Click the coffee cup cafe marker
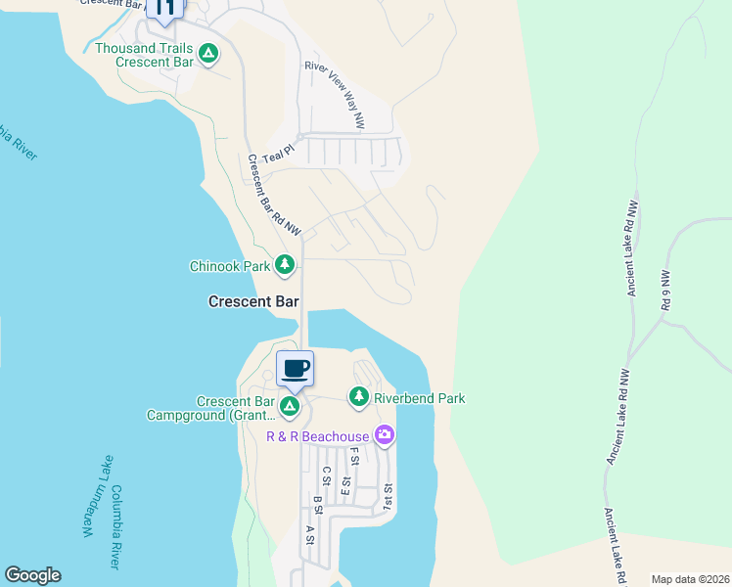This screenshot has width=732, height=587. coord(295,369)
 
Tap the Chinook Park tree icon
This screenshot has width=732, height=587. coord(285,264)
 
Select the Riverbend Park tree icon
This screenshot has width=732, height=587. coord(359,397)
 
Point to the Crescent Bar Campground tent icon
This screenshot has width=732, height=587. coord(290,405)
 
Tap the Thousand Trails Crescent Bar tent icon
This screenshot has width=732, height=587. coord(208,54)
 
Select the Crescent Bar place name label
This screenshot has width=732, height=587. coord(253,302)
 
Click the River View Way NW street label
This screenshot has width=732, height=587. coord(335,95)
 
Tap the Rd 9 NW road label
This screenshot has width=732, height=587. coord(666,291)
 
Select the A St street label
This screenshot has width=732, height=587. coord(309,534)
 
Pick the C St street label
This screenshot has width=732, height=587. coord(326,475)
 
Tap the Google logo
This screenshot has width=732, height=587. coord(32,575)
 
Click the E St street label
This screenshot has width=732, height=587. coord(345,487)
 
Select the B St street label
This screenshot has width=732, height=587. coord(317,506)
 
